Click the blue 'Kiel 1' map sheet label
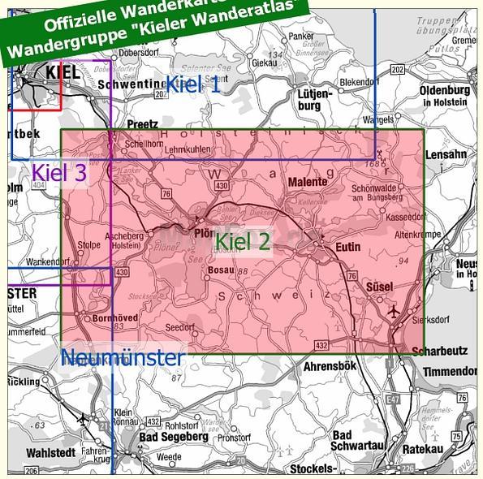click(192, 84)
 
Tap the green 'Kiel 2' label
click(242, 241)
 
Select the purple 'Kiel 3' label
click(58, 172)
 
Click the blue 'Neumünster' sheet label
click(123, 357)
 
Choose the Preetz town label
click(143, 125)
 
